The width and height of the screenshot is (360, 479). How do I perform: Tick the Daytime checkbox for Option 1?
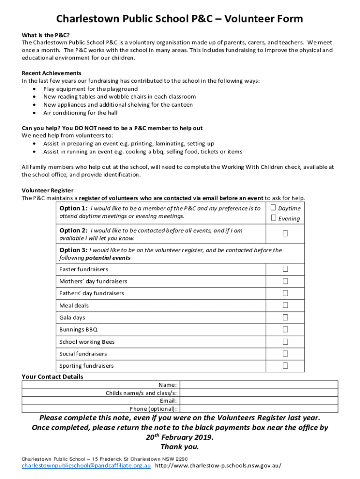(274, 208)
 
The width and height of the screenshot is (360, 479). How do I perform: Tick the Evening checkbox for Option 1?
(274, 218)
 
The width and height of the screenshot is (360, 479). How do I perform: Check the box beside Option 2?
(285, 233)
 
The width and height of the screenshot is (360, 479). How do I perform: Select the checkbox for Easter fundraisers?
(285, 269)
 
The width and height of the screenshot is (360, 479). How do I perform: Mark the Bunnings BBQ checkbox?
(285, 329)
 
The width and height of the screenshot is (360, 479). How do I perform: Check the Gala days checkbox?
(285, 317)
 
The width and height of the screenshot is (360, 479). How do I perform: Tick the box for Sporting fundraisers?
(285, 365)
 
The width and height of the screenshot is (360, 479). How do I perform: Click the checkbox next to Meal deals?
(285, 305)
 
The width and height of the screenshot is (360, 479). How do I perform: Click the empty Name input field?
(259, 385)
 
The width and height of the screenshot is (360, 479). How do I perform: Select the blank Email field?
(259, 401)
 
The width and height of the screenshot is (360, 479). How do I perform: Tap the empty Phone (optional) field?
(259, 409)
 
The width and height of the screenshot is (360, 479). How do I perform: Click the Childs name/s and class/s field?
(259, 393)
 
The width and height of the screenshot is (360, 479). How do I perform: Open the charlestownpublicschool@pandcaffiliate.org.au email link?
(86, 466)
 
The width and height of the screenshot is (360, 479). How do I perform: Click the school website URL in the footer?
(218, 466)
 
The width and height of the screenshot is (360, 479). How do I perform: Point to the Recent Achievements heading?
(51, 73)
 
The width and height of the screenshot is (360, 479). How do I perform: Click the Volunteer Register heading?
(48, 190)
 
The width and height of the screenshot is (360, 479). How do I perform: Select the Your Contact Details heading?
(52, 377)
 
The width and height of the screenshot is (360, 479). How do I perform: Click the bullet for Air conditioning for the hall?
(36, 113)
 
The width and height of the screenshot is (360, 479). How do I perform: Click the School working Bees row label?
(87, 342)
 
